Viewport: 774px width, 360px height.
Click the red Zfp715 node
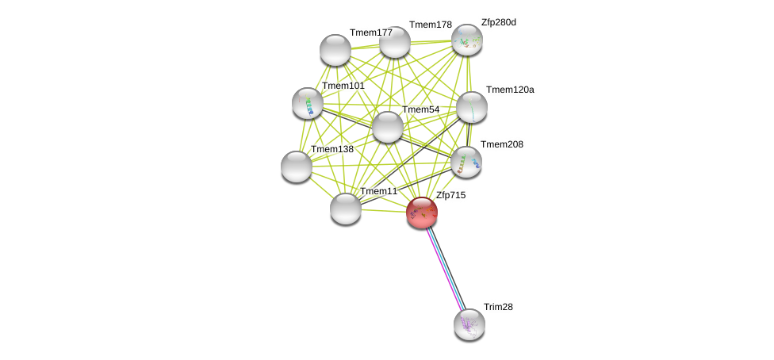[x=421, y=212]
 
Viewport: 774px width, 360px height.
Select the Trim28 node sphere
[x=469, y=324]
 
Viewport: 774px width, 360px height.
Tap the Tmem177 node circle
[x=335, y=50]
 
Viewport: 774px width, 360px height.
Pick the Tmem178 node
[x=395, y=42]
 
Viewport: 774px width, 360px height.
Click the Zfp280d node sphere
[x=467, y=40]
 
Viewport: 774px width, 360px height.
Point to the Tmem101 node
[x=308, y=103]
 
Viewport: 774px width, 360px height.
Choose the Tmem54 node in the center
[x=388, y=127]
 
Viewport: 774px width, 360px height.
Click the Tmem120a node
[x=472, y=107]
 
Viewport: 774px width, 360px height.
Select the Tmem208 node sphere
[x=466, y=161]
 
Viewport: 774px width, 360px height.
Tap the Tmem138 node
[x=297, y=167]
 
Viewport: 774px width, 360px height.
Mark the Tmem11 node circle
[x=346, y=209]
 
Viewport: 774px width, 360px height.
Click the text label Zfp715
[x=450, y=195]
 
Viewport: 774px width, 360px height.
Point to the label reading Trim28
[x=499, y=307]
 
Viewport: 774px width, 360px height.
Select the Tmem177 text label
[x=370, y=33]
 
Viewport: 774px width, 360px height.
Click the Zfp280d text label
[x=498, y=22]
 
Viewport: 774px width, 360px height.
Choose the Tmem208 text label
[x=501, y=144]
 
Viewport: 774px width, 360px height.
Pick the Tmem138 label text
[x=331, y=149]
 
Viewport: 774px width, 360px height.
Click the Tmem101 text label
[x=343, y=86]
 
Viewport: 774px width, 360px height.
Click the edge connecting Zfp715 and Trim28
[x=445, y=268]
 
